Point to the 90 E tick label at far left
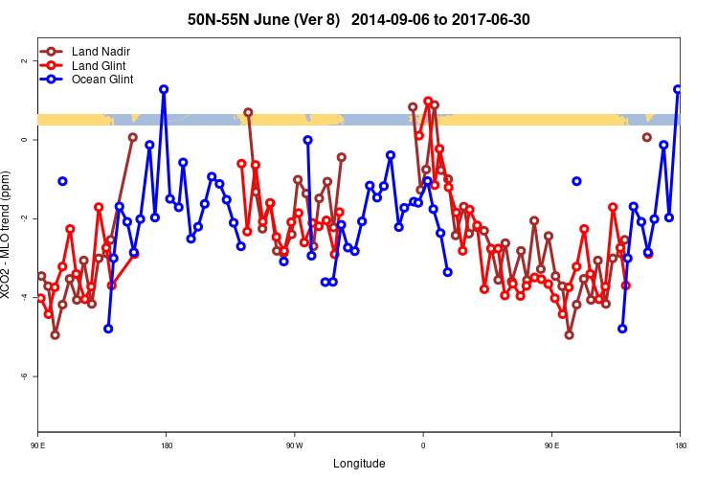[x=37, y=445]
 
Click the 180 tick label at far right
[x=680, y=445]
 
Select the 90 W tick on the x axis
[x=294, y=445]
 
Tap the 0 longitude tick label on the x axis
[x=422, y=445]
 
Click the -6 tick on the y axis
[x=24, y=376]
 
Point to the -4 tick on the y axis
[x=24, y=298]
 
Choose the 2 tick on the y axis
[x=24, y=61]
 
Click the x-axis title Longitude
[x=359, y=464]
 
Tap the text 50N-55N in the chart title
[x=219, y=19]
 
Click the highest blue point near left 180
[x=164, y=89]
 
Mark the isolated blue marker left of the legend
[x=62, y=181]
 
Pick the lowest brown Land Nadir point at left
[x=55, y=334]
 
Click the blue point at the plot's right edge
[x=678, y=89]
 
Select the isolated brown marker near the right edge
[x=646, y=137]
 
